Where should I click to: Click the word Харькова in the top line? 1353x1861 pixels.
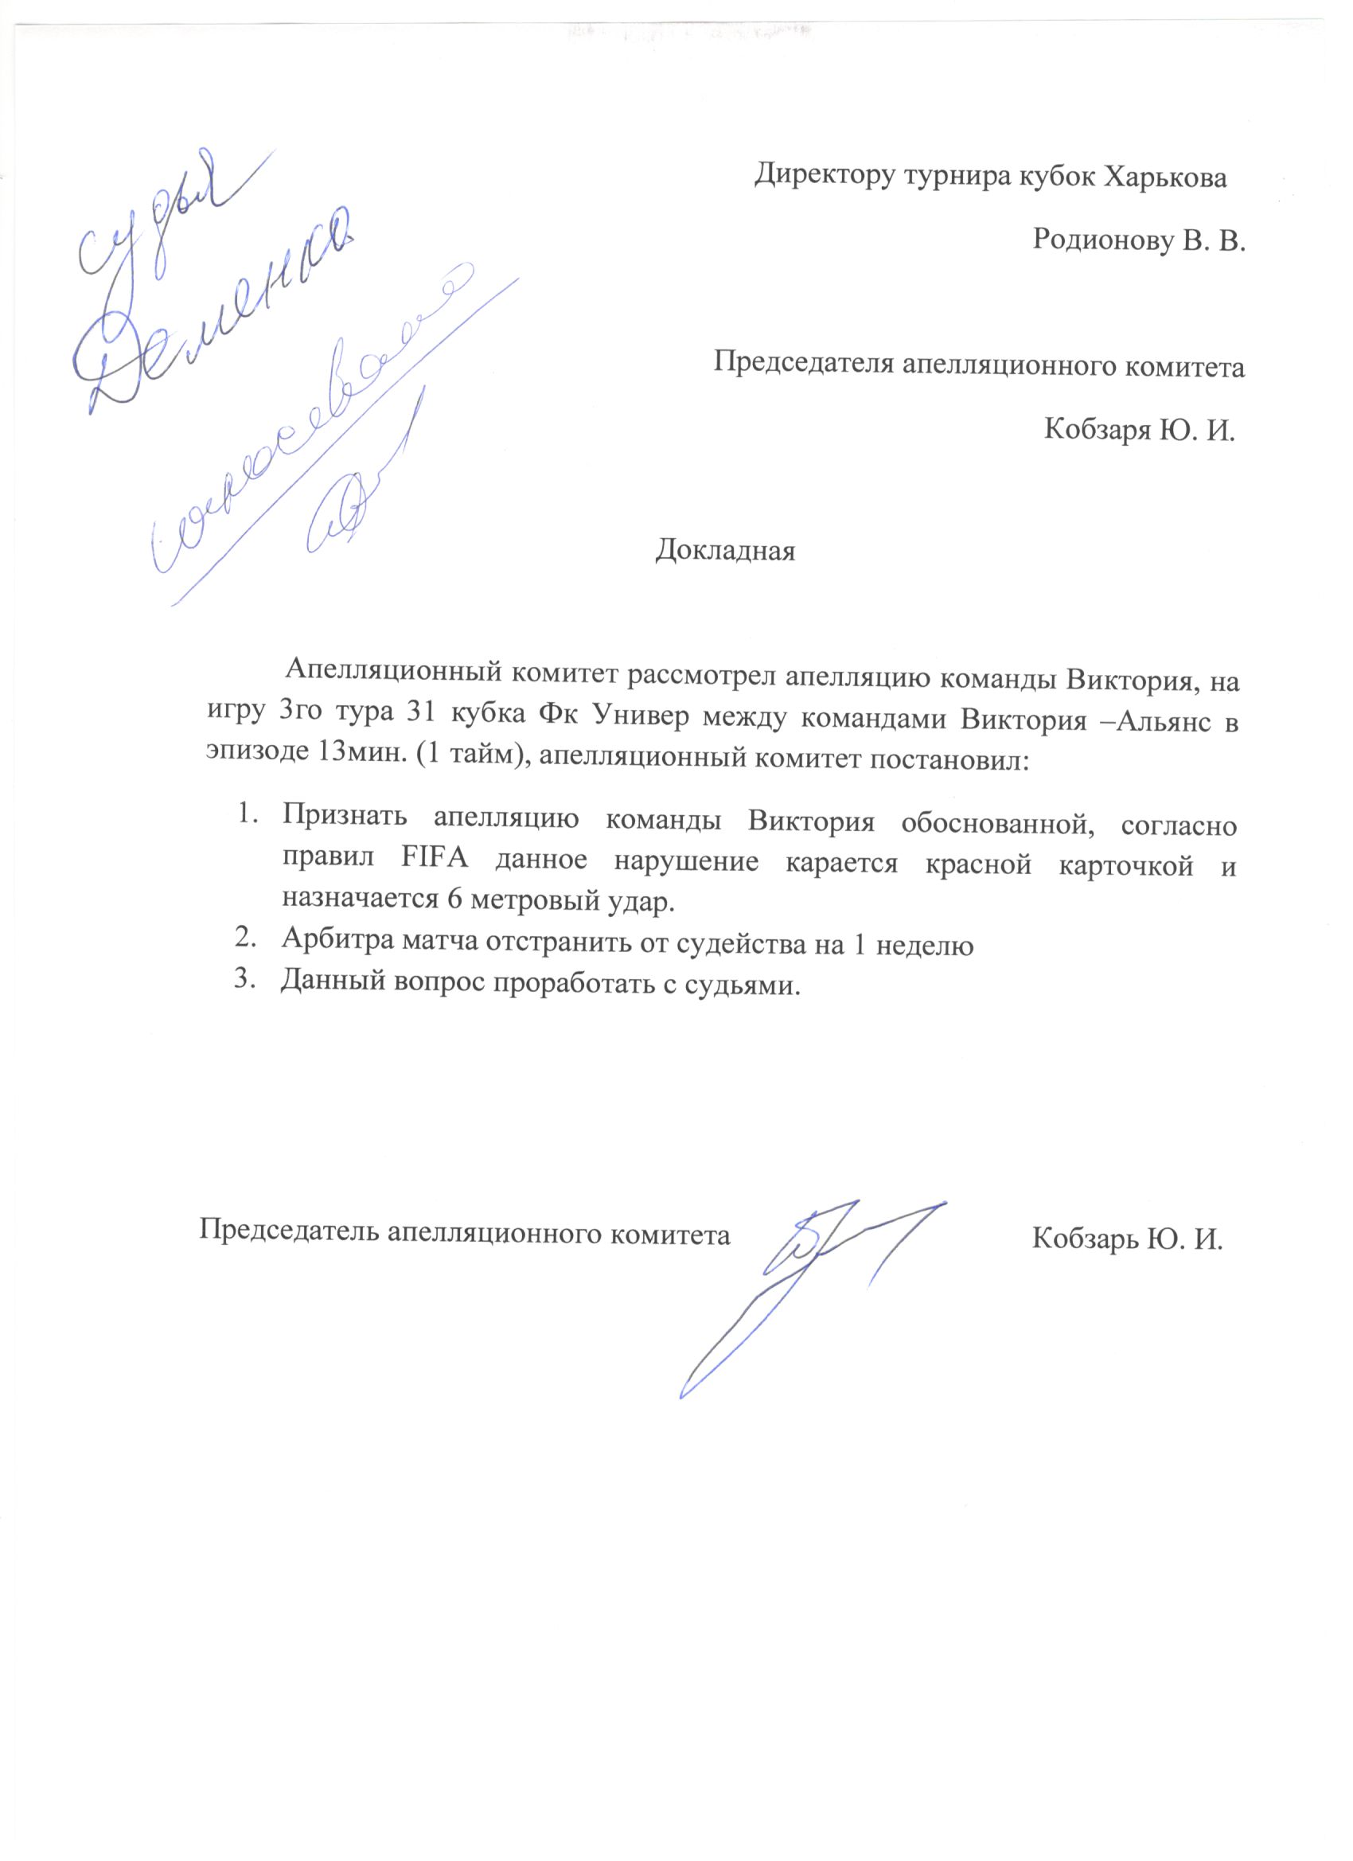[1165, 177]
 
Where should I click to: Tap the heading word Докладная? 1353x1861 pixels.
[725, 551]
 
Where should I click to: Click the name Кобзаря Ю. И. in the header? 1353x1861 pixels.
[1140, 429]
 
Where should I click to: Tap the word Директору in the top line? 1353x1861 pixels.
[825, 177]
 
